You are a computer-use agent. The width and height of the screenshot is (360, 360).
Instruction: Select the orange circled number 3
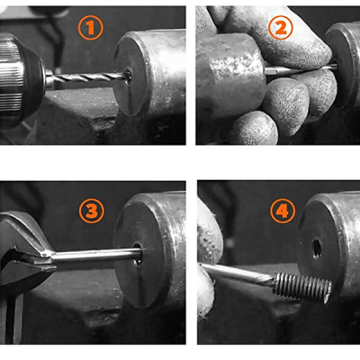[x=90, y=212]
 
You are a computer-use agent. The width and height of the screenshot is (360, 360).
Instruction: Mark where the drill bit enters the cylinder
[x=125, y=78]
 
